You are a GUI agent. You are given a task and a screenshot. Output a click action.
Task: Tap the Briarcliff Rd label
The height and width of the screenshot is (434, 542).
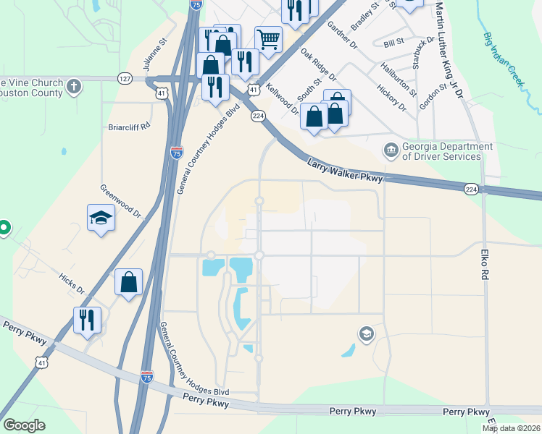(129, 125)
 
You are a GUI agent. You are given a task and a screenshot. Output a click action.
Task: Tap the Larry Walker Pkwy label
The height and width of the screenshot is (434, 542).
(344, 171)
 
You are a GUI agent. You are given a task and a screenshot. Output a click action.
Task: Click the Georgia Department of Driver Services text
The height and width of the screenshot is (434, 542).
(441, 151)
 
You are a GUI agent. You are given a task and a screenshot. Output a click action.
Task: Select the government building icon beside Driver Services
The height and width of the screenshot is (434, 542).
(391, 150)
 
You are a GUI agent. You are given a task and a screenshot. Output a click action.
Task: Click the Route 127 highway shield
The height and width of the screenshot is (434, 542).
(125, 78)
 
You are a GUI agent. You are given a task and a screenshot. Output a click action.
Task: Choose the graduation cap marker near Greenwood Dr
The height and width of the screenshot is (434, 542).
(101, 217)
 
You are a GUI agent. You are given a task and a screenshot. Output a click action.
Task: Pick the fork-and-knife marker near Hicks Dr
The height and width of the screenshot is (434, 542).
(87, 319)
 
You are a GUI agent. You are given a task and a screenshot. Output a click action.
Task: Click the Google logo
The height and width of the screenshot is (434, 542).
(24, 425)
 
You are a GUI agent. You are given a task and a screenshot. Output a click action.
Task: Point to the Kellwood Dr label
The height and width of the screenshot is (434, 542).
(282, 99)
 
